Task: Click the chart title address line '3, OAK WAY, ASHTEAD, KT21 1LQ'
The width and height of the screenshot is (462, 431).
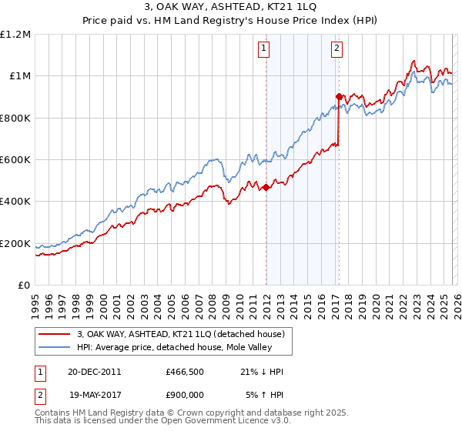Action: [231, 7]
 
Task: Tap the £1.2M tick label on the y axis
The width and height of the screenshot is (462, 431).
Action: [15, 35]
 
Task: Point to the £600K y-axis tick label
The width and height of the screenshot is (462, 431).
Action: [15, 160]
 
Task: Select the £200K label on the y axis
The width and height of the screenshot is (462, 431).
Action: [15, 244]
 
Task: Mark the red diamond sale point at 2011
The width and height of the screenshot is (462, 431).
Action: [266, 187]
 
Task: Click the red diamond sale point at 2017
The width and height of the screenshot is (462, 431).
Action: [339, 96]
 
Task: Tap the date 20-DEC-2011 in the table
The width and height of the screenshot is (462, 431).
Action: [94, 372]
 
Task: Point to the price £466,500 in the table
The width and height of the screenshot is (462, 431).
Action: [186, 372]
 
